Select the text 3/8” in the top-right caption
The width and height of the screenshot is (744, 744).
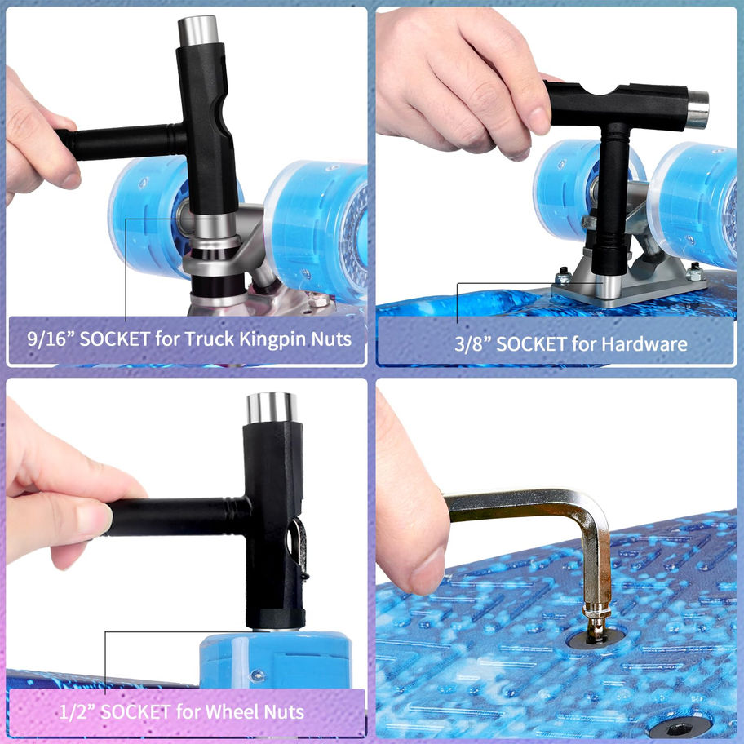coord(472,344)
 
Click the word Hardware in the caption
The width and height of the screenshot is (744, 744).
coord(646,344)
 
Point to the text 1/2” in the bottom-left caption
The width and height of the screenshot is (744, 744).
coord(76,711)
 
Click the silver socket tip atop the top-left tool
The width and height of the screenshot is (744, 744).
coord(197,30)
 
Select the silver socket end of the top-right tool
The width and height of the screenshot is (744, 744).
coord(697,109)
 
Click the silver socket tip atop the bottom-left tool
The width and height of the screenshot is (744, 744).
coord(272,408)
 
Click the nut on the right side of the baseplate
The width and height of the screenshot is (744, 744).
coord(693,272)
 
